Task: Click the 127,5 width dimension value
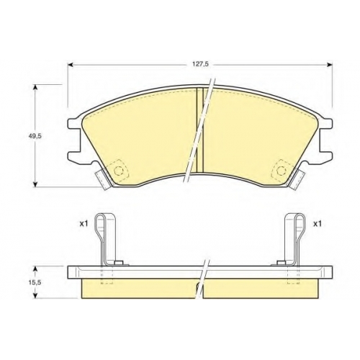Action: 198,64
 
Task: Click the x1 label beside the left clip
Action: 84,224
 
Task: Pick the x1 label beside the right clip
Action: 318,224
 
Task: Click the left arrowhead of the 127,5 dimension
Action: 70,65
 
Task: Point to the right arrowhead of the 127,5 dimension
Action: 330,65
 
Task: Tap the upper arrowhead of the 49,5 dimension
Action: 35,87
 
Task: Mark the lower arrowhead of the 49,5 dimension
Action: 35,184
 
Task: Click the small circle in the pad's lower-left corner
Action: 118,171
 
